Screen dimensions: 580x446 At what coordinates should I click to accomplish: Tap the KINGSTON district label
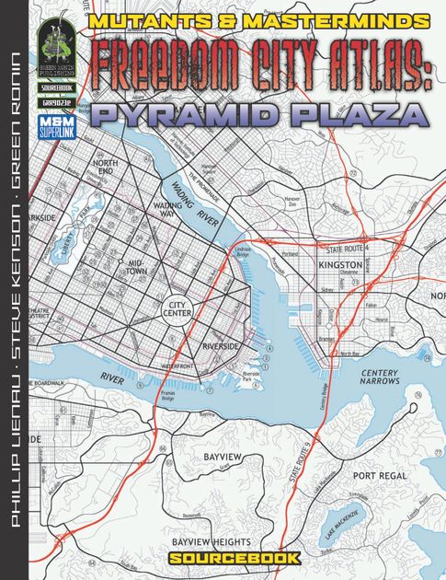pyautogui.click(x=341, y=263)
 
